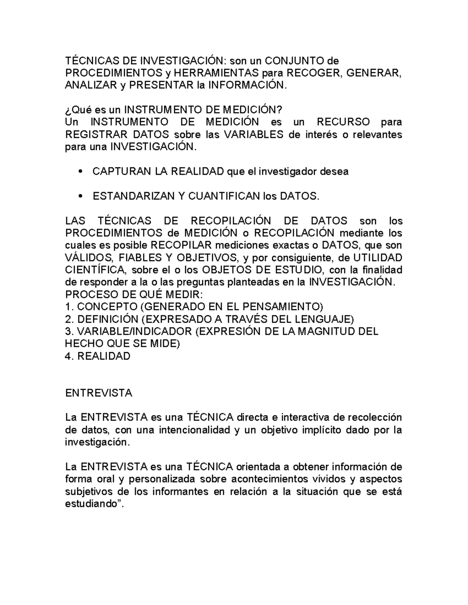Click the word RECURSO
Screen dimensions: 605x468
[x=343, y=122]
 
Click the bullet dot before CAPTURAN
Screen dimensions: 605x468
[x=80, y=171]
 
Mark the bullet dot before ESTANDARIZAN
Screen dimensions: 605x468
[x=80, y=196]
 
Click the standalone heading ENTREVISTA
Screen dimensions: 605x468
[x=99, y=393]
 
